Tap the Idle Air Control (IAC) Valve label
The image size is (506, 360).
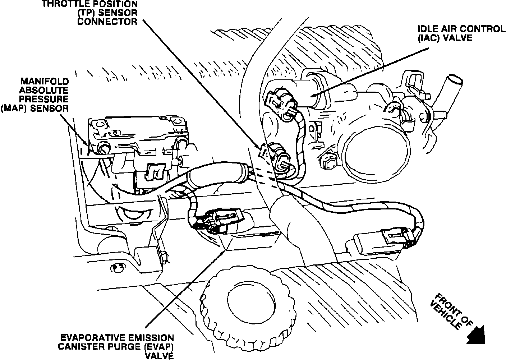click(461, 33)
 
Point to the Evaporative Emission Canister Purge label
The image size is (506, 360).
click(117, 347)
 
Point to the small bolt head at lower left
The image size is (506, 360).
click(115, 267)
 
